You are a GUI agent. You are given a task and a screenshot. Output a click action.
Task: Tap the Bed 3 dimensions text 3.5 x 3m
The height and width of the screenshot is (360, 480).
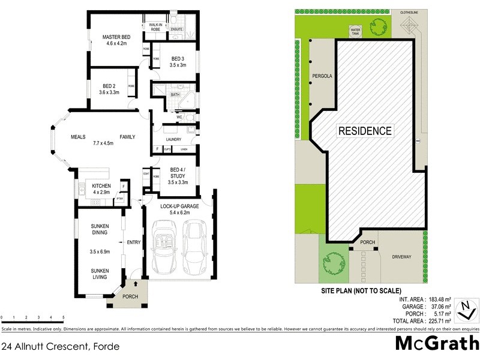coord(178,65)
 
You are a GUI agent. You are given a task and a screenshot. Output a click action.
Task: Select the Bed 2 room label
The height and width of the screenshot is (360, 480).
coord(109,85)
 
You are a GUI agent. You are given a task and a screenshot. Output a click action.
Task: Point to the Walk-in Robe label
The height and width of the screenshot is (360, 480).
coord(155,26)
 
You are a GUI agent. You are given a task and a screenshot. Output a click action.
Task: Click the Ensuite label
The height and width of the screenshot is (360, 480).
coord(176,29)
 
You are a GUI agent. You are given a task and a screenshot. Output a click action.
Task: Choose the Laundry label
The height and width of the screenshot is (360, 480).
coord(174,139)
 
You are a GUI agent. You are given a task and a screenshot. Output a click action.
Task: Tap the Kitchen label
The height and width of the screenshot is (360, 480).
coord(101,185)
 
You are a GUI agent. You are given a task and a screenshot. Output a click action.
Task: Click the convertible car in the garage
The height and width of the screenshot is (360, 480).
coord(163,245)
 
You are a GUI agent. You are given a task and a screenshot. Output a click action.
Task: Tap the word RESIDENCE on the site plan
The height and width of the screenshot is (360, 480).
coord(365,131)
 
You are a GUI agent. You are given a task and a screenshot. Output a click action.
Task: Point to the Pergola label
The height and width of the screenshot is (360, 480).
coord(322,76)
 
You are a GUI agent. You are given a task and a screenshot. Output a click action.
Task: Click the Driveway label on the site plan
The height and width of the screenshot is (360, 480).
coord(401,257)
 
